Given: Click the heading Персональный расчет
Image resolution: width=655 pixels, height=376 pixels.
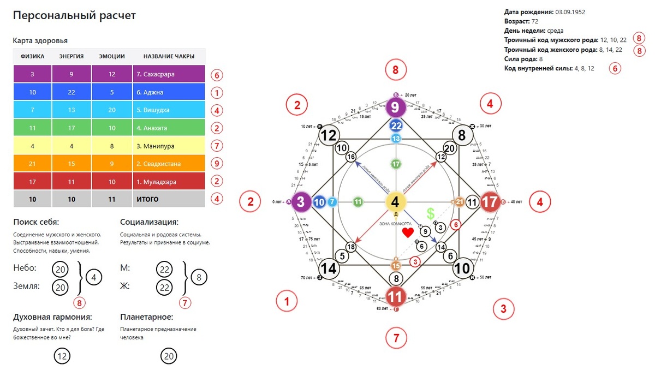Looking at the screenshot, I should coord(74,16).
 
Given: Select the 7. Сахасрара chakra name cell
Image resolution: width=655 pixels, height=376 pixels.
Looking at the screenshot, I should coord(169,74).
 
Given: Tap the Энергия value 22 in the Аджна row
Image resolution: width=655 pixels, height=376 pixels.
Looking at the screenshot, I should coord(72,92).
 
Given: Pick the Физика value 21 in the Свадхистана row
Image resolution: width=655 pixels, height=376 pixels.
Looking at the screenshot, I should coord(33,164).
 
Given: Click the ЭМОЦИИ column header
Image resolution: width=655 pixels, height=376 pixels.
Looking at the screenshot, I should coord(112,56).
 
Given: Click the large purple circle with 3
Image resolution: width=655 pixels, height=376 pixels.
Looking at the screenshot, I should coord(301,202).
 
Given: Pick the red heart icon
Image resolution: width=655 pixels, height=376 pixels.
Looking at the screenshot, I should coord(408,233).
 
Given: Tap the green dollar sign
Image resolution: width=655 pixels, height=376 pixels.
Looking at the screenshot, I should coord(431,213).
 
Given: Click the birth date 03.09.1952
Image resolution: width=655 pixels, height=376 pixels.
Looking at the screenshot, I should coord(570,11).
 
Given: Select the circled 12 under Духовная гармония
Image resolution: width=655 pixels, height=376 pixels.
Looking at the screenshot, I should coord(62,356).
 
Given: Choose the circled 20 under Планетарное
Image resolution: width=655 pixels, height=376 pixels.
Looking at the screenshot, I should coord(169,356).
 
